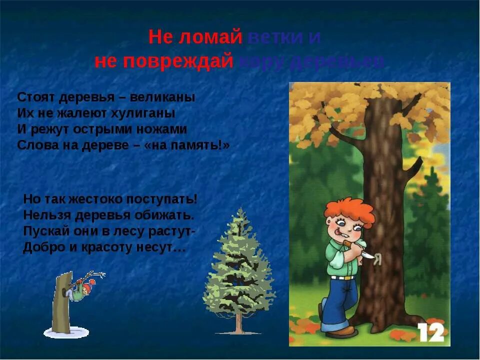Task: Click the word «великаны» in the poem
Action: [x=167, y=97]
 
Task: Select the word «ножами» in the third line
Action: [x=164, y=129]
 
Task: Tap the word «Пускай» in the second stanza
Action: [x=41, y=231]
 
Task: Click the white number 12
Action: [x=431, y=332]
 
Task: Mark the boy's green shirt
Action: [x=340, y=257]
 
